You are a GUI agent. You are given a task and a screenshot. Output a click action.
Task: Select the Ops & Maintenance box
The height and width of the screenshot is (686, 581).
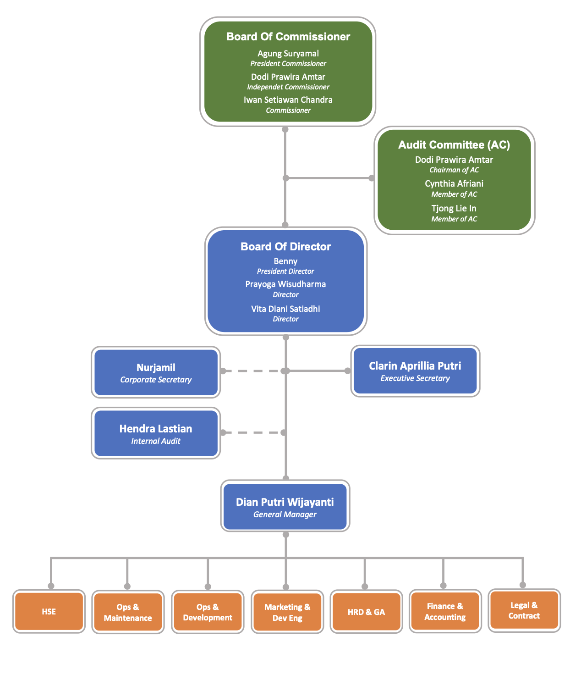coord(128,612)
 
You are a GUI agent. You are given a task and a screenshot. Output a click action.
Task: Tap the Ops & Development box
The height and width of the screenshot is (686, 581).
coord(208,612)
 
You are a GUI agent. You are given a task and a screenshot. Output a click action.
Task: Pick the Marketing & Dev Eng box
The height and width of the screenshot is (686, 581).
coord(287,612)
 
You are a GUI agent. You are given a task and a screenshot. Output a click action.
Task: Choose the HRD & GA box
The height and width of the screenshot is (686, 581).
coord(366,611)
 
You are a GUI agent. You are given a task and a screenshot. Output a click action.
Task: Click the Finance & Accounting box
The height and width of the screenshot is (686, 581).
coord(445,611)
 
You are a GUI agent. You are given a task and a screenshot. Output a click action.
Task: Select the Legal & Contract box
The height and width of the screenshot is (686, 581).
coord(524,610)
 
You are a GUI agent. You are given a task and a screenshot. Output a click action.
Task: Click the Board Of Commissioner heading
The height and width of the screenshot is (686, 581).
coord(288,37)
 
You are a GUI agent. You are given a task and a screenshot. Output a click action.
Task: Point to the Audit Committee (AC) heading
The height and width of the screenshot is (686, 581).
coord(454,145)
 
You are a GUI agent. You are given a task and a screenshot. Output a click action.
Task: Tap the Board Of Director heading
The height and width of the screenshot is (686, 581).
coord(285,246)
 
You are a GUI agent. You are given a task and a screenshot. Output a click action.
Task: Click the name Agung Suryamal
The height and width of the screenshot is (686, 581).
coord(288,54)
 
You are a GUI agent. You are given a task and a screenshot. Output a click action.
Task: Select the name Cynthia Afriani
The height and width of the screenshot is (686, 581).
coord(454,183)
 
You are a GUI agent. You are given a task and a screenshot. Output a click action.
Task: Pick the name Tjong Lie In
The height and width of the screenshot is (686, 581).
coord(454,209)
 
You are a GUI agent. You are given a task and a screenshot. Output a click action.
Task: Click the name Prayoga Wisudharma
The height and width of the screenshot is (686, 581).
coord(285,284)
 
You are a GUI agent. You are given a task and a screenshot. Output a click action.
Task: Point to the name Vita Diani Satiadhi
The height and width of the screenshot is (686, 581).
coord(285,309)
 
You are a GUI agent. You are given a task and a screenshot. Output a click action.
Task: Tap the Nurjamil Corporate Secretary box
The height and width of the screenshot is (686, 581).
coord(156,372)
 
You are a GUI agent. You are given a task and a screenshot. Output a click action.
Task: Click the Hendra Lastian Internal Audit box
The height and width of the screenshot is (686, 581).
coord(156,433)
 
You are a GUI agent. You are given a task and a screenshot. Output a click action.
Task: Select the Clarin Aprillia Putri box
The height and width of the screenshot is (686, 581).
coord(415,371)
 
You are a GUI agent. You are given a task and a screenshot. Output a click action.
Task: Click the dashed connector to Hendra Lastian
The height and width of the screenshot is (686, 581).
coord(253,432)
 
